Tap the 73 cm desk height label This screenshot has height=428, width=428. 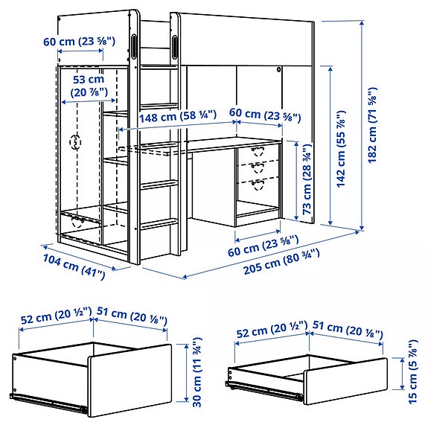[x=306, y=180]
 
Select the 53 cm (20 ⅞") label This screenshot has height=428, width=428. [x=89, y=86]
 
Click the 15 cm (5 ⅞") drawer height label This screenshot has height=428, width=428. [x=412, y=370]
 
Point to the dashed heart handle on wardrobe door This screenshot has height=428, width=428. [x=74, y=141]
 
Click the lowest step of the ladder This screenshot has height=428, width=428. [x=159, y=223]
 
